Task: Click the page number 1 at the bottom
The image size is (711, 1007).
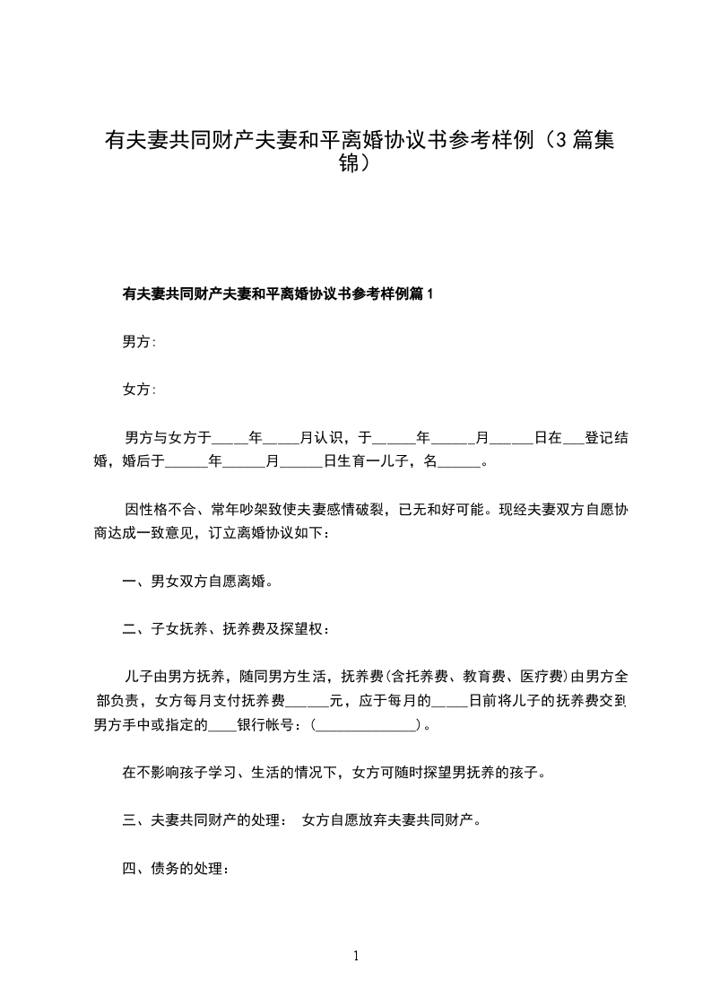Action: (x=356, y=956)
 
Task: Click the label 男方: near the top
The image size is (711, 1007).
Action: (x=139, y=342)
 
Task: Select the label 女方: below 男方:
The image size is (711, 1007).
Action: (x=139, y=390)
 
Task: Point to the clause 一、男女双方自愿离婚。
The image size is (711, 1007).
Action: (x=196, y=581)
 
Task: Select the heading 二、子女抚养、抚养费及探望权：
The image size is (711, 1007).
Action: (x=226, y=628)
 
